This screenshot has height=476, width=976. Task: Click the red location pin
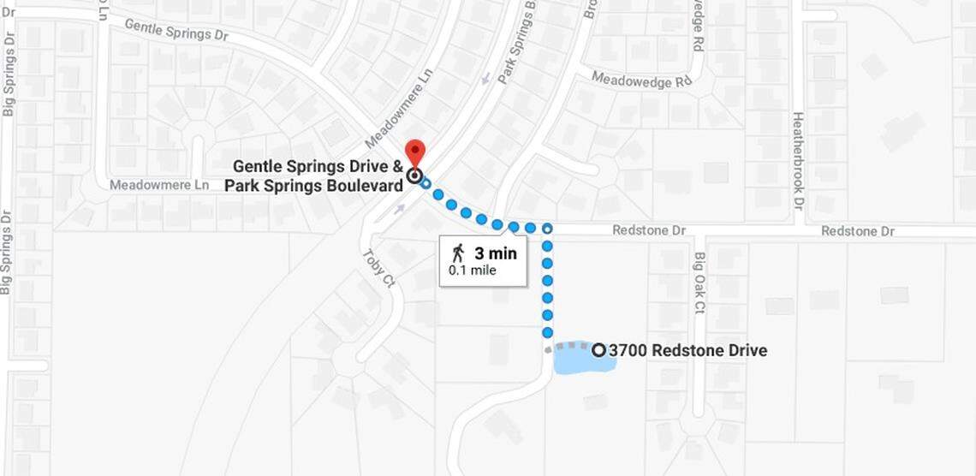click(414, 152)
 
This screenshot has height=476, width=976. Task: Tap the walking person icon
click(459, 253)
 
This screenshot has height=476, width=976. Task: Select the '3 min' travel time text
click(496, 253)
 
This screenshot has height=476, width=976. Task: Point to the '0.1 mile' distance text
click(473, 271)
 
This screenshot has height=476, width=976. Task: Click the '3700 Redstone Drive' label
click(687, 350)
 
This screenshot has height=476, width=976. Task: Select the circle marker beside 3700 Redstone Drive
click(598, 349)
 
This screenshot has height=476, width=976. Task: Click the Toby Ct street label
click(377, 268)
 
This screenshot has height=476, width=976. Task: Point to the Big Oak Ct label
click(700, 283)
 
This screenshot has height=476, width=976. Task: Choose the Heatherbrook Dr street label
click(797, 162)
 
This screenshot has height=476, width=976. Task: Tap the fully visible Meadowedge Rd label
click(640, 80)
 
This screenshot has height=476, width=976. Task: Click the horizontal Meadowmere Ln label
click(159, 185)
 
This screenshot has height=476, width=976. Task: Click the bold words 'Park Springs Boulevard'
click(313, 185)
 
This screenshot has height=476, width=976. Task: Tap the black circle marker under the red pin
click(415, 176)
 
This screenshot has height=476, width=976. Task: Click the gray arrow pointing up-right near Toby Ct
click(400, 208)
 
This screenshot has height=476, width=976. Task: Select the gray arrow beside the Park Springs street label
click(486, 79)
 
